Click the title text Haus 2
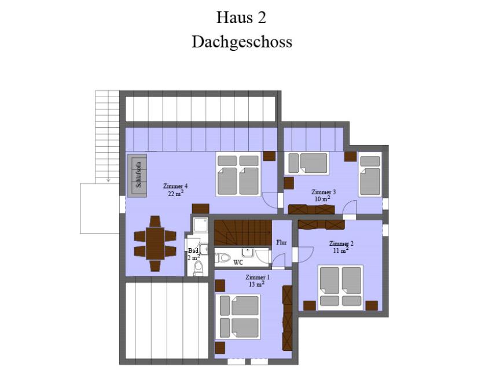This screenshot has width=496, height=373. pos(241,17)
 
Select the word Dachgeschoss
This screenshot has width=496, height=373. pos(242,42)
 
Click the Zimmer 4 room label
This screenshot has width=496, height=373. pos(174,186)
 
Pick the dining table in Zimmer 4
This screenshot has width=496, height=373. pos(155,243)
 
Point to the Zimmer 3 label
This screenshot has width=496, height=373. pos(324,192)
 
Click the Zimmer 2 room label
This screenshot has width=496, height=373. pos(341,243)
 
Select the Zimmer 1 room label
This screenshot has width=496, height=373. pos(258,277)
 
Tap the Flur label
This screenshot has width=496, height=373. pos(281,242)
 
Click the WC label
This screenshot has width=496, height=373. pos(238,263)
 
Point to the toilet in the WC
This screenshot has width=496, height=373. pos(223,257)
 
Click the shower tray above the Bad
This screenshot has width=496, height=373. pos(201,225)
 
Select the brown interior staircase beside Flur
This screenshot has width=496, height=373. pos(243,233)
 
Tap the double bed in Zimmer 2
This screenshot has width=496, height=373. pos(340,286)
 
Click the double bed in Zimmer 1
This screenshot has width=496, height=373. pos(238,317)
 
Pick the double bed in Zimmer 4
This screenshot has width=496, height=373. pos(238,175)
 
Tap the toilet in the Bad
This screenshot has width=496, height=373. pos(198,268)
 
